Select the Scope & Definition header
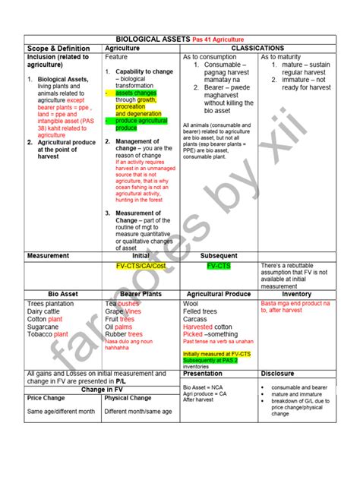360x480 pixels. (61, 48)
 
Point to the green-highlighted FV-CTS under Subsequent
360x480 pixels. (219, 267)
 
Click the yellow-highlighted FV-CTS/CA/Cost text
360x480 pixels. (141, 267)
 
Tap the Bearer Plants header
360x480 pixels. (141, 293)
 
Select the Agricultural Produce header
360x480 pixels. (219, 293)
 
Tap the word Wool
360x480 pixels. (191, 303)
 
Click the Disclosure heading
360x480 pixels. (278, 374)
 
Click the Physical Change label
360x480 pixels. (128, 397)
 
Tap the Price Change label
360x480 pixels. (46, 397)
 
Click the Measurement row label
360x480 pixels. (49, 256)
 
